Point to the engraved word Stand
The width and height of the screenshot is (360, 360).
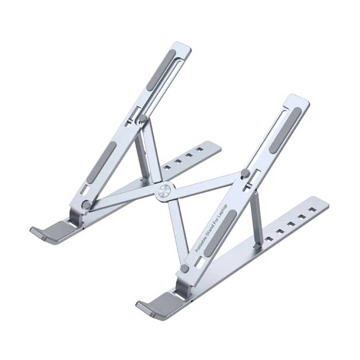pos(209,228)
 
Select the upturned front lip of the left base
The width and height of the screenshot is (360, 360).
pos(47,231)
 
